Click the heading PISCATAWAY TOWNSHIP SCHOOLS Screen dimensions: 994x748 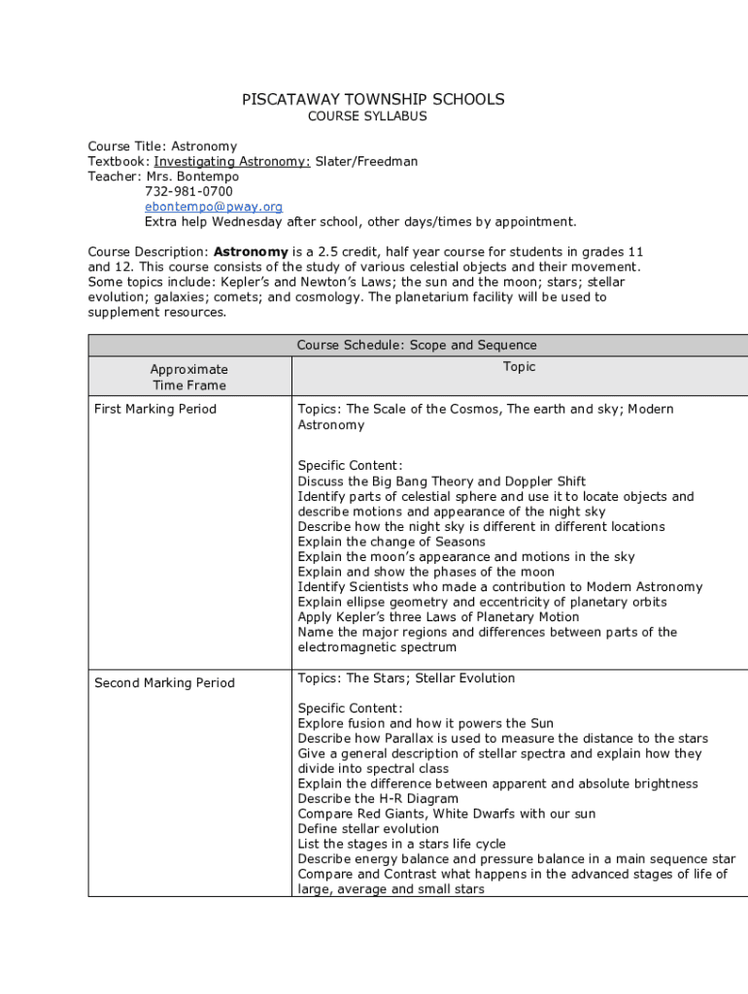[373, 100]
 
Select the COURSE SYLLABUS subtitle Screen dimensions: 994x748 [367, 116]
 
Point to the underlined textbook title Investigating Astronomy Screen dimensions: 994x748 [232, 162]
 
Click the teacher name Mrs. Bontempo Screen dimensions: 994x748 [192, 177]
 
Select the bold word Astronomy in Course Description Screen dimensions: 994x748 [251, 251]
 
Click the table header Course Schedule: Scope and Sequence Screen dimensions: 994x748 [417, 346]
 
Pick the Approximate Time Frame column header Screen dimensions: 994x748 [188, 377]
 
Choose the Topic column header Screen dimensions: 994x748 [519, 367]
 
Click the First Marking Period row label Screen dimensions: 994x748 [155, 409]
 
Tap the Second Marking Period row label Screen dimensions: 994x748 [164, 683]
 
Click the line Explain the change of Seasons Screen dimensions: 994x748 [391, 542]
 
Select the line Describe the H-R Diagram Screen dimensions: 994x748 [378, 799]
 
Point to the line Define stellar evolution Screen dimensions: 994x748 [368, 829]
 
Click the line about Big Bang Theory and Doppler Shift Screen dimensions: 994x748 [442, 481]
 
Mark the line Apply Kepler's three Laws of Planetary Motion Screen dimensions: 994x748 [438, 617]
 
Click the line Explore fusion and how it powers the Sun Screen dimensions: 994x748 [425, 723]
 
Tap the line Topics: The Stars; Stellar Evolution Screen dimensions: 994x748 [406, 679]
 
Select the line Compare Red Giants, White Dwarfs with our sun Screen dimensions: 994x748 [447, 813]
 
